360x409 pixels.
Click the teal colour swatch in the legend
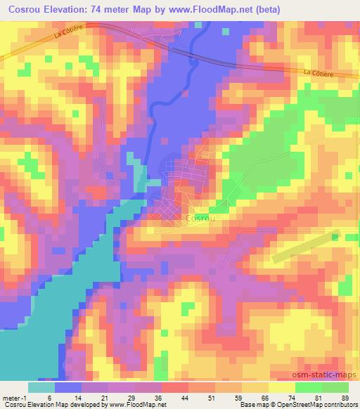[41, 387]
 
